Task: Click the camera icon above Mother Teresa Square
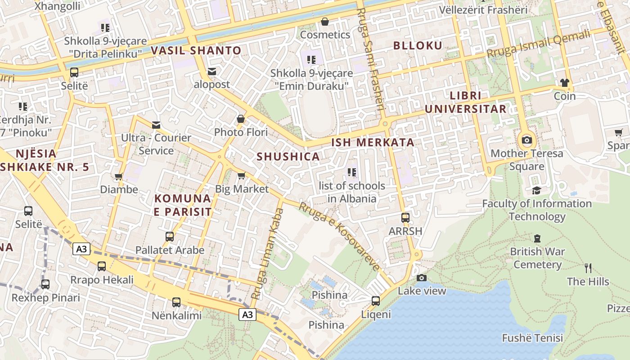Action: click(526, 140)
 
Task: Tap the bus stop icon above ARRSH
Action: click(405, 218)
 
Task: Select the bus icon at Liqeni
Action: click(376, 301)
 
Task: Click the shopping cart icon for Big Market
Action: click(242, 175)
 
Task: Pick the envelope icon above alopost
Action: click(212, 71)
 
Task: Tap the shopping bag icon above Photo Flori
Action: click(241, 119)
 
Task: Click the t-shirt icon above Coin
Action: click(564, 82)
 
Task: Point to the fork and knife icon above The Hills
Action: click(588, 268)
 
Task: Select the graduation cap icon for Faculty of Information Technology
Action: click(536, 190)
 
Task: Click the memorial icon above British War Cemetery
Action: click(537, 238)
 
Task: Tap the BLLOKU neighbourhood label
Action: click(418, 45)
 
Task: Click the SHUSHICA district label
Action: click(288, 157)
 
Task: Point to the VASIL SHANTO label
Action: click(196, 50)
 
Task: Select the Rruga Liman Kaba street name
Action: click(266, 254)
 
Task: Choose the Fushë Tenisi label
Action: click(532, 337)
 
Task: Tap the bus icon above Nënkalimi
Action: click(176, 302)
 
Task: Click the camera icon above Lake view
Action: click(422, 278)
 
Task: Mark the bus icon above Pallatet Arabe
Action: click(170, 236)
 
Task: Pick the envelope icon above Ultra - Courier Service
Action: click(156, 124)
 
